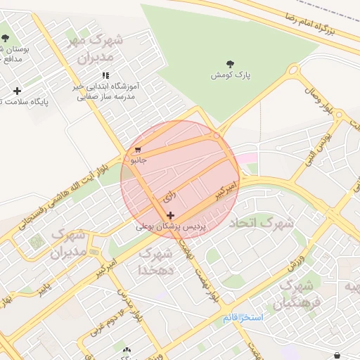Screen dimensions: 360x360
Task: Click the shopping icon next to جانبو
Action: (x=138, y=150)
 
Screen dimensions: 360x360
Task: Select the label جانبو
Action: (x=136, y=160)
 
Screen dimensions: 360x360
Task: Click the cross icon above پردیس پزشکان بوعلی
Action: (x=170, y=215)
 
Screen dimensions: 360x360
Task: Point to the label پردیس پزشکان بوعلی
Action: (x=169, y=227)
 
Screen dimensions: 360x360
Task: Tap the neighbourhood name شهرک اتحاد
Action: (x=261, y=223)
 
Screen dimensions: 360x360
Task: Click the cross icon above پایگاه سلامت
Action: (x=17, y=91)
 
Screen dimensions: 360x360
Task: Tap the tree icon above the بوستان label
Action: (x=5, y=37)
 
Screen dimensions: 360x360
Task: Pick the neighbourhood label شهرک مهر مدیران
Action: (x=94, y=49)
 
